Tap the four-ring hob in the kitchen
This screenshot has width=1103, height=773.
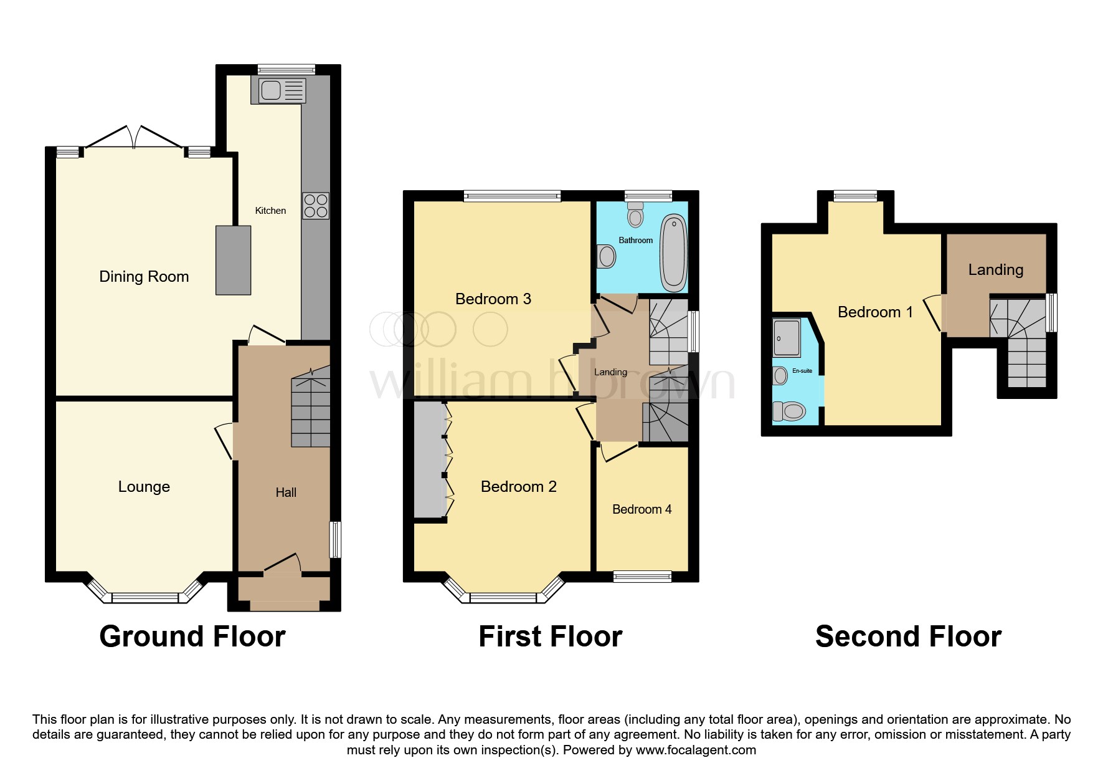click(x=316, y=206)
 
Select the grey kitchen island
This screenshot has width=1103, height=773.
click(x=234, y=260)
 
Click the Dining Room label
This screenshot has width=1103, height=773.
click(x=144, y=277)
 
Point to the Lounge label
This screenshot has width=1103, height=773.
click(x=144, y=487)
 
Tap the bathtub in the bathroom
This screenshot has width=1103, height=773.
click(x=673, y=252)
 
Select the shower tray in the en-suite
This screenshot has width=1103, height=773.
click(x=786, y=337)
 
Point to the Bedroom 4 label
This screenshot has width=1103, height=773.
click(x=641, y=509)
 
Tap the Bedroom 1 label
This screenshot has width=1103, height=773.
click(x=875, y=312)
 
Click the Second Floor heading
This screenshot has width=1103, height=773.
click(x=908, y=637)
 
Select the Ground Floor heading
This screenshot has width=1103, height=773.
click(x=192, y=637)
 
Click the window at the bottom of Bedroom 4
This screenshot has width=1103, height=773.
click(x=642, y=577)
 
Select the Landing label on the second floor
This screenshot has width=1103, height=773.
click(x=995, y=270)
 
